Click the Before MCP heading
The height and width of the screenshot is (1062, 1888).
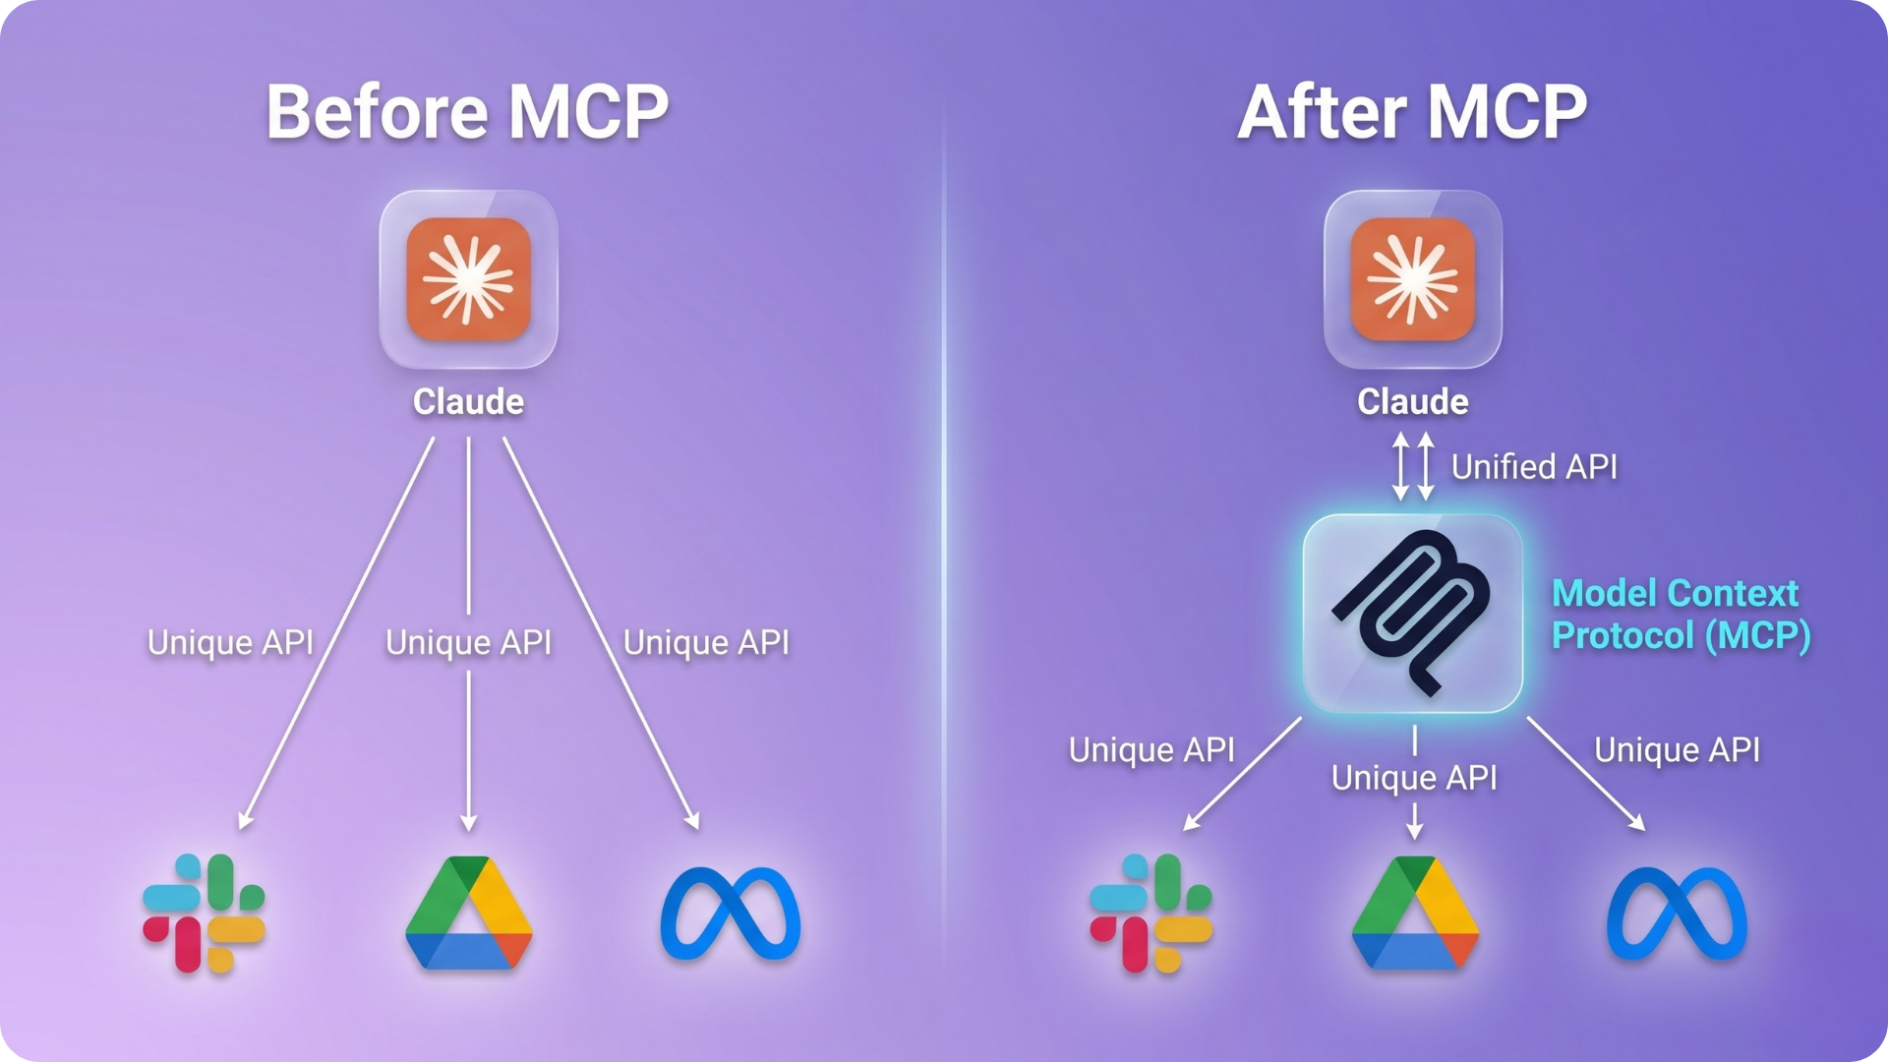467,111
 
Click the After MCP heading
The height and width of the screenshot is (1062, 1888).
1412,111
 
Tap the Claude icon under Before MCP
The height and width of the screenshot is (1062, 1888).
469,279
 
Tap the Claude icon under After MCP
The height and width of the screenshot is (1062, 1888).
1413,279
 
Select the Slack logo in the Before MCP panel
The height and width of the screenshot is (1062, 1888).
204,914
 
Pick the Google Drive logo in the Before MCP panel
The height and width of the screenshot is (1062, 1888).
469,914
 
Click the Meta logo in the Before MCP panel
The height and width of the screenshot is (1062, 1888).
731,914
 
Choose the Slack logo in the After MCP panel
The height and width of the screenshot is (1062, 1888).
1150,914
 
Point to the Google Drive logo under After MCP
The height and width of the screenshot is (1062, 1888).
1415,914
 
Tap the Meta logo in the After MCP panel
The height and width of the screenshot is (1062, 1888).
1677,914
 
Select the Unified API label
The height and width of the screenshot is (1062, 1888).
1534,467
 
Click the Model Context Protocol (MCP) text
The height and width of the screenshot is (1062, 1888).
1680,615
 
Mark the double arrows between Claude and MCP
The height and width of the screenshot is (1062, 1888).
1413,466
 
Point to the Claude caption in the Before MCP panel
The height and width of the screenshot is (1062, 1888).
468,401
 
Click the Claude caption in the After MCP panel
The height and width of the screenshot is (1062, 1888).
1413,401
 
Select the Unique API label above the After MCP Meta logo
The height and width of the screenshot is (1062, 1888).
1677,750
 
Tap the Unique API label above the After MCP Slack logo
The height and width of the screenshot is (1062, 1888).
1151,750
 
